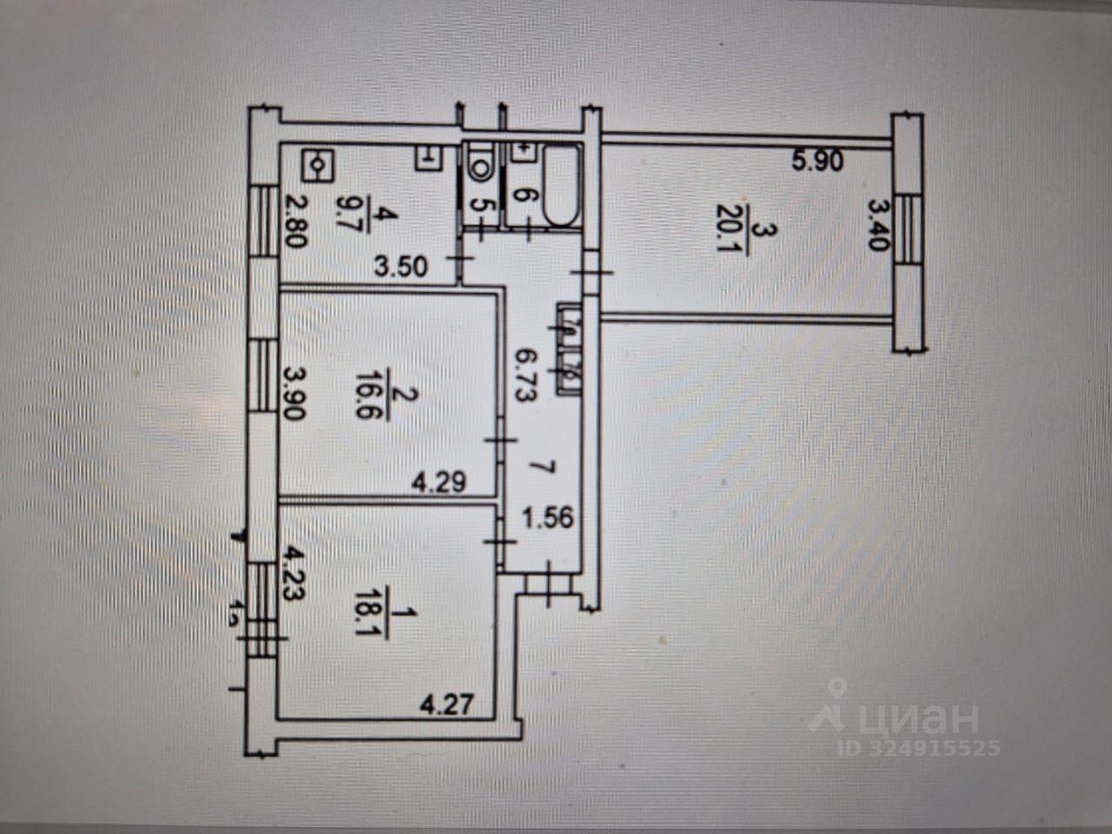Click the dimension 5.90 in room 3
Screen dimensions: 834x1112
817,161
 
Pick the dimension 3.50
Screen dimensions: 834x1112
402,266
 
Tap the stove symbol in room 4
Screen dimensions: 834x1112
317,162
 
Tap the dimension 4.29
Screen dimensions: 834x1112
439,479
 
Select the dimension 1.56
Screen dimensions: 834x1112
546,519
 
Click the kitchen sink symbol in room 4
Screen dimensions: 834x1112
428,158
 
